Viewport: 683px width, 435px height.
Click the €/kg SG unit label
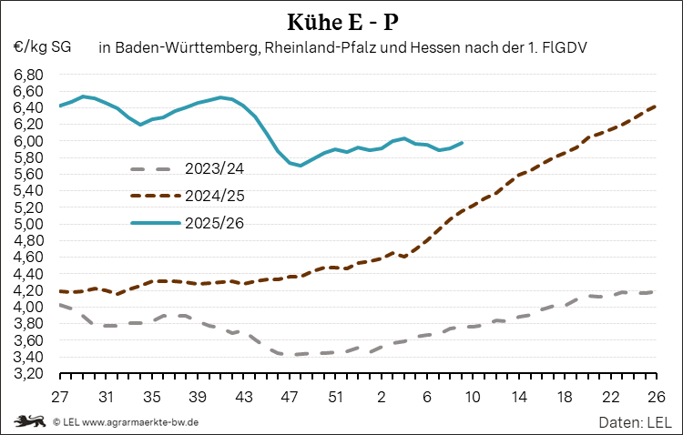tap(42, 46)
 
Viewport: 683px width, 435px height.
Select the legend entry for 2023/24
tap(214, 169)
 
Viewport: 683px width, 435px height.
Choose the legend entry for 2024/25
tap(214, 196)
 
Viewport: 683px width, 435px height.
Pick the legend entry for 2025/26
tap(214, 222)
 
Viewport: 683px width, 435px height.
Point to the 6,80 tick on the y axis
tap(28, 74)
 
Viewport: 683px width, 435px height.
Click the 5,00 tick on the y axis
tap(28, 224)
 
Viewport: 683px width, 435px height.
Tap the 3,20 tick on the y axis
tap(28, 373)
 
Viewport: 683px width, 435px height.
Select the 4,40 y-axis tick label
tap(28, 274)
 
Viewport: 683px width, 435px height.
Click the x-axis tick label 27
tap(60, 397)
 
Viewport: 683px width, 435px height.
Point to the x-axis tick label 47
tap(290, 397)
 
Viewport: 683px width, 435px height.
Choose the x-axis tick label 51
tap(335, 397)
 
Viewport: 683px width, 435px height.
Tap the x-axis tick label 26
tap(655, 397)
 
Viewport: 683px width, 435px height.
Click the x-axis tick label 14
tap(518, 397)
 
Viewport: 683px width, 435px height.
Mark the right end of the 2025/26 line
tap(462, 142)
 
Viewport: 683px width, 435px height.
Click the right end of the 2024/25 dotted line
tap(655, 106)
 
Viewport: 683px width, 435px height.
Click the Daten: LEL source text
tap(635, 422)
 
